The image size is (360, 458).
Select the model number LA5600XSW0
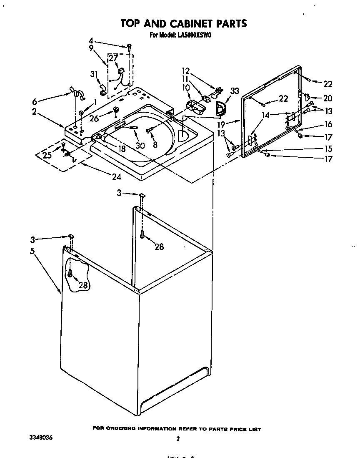tap(193, 35)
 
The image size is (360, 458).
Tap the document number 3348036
tap(41, 438)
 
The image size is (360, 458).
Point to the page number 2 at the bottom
tap(178, 439)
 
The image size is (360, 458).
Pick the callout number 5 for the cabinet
tap(32, 251)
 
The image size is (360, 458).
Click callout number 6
tap(34, 101)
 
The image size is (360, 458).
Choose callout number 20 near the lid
tap(328, 98)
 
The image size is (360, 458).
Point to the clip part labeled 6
tap(77, 94)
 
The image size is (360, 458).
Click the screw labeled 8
tap(149, 131)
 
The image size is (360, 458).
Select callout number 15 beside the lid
tap(328, 148)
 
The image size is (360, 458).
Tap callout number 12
tap(185, 70)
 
